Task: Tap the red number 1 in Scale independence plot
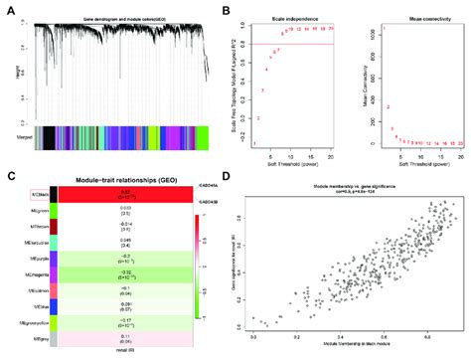coord(255,142)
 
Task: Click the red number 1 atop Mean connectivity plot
coord(384,28)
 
